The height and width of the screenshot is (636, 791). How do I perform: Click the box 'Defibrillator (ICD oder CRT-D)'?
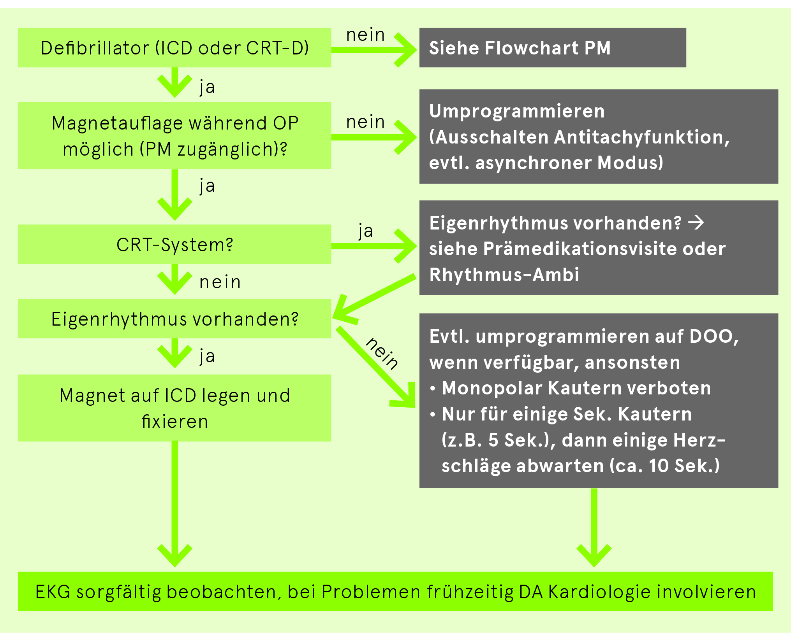(174, 47)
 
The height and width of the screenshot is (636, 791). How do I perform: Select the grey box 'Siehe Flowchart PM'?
(552, 47)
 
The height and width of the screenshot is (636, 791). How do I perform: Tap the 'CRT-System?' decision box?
(174, 244)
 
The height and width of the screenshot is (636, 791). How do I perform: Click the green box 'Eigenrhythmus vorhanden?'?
(174, 319)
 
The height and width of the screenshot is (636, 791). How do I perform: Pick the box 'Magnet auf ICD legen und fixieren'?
(174, 408)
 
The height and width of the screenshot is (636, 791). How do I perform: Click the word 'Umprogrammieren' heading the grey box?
(517, 111)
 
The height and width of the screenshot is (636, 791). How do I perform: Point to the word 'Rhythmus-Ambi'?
(504, 275)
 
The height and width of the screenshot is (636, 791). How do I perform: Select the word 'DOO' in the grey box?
(713, 336)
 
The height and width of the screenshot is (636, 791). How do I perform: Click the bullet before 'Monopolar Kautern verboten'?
(433, 389)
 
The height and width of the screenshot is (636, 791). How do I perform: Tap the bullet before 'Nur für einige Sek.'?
(433, 415)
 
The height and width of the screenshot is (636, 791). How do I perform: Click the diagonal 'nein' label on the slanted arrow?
(382, 353)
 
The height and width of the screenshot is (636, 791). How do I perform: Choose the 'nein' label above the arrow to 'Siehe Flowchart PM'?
(365, 35)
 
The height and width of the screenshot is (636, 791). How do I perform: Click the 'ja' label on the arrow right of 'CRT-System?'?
(366, 231)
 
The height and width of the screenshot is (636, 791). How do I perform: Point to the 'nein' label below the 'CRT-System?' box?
(220, 282)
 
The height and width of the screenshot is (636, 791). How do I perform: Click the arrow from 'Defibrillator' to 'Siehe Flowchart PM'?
(374, 50)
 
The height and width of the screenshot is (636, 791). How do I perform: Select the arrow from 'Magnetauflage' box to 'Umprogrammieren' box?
(374, 137)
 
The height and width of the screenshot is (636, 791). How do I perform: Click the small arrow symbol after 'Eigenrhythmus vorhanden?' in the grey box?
(696, 223)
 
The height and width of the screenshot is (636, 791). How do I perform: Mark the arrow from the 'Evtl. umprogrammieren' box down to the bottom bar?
(594, 527)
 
